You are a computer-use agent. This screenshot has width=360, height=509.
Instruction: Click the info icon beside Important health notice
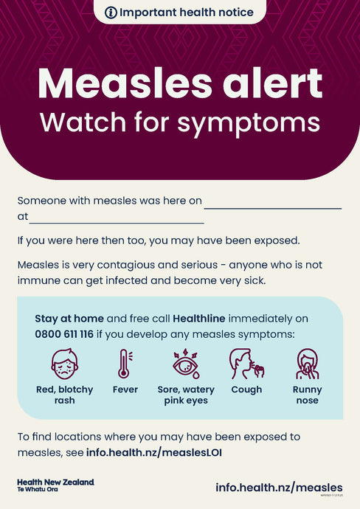coord(111,13)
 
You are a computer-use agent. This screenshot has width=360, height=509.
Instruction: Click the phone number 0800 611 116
coord(64,334)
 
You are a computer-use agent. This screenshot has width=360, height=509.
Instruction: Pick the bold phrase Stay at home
coord(69,319)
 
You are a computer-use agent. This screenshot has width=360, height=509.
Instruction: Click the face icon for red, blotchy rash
coord(64,364)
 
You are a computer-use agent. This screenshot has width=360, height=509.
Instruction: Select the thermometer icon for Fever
coord(124,364)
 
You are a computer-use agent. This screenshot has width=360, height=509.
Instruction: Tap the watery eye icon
coord(185,364)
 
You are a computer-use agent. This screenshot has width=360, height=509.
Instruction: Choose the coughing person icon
coord(246,364)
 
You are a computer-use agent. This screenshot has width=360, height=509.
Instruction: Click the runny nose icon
coord(307,364)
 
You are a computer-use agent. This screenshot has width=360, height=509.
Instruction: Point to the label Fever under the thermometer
coord(125,389)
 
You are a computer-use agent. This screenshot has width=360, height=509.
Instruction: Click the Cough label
coord(246,389)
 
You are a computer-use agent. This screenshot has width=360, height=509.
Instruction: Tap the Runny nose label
coord(307,395)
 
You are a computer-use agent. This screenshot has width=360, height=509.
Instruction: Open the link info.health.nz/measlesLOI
coord(153,451)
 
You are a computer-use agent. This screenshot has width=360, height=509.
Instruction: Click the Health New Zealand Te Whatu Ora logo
coord(55,485)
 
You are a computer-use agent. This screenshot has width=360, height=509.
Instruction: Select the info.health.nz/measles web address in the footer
coord(279,487)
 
